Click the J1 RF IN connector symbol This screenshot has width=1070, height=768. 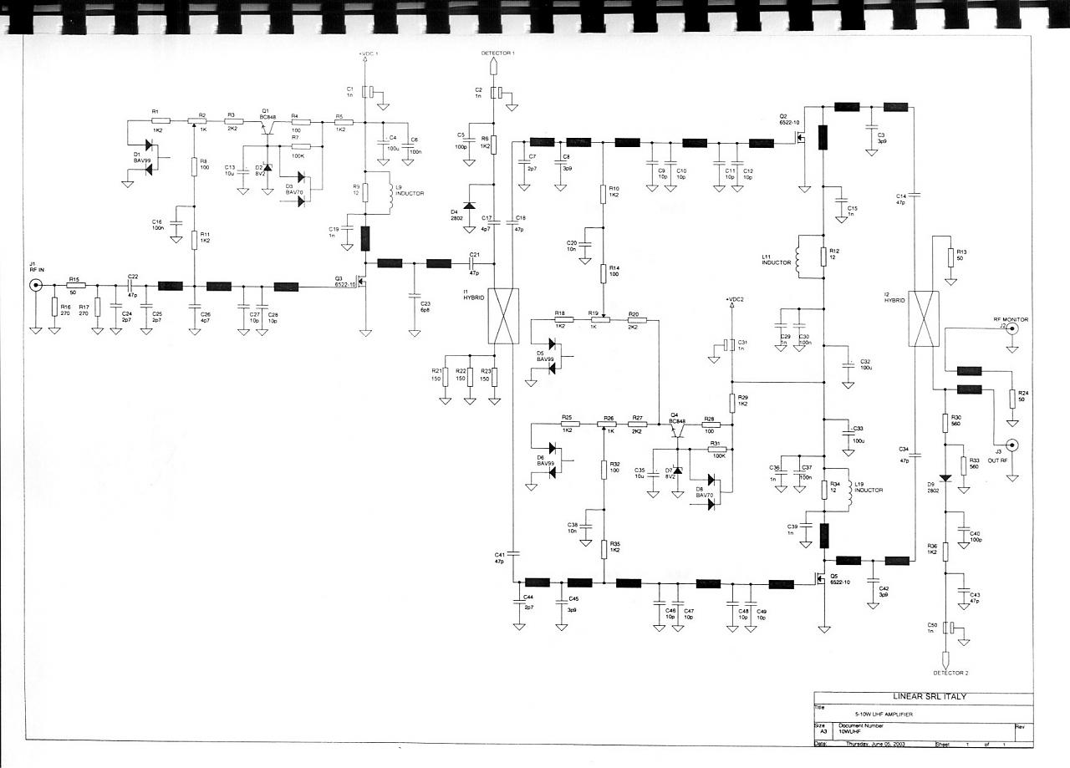tap(36, 286)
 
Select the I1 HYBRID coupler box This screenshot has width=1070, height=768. tap(502, 316)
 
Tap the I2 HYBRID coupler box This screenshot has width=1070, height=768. tap(924, 318)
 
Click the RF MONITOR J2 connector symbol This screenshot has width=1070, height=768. tap(1012, 328)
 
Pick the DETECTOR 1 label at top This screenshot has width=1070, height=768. tap(497, 53)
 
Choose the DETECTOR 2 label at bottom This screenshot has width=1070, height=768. tap(949, 672)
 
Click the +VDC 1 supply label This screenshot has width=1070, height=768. tap(369, 53)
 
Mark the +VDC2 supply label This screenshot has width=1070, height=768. tap(735, 298)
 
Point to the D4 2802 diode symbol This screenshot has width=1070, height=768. tap(468, 205)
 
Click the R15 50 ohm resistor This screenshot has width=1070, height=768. tap(74, 286)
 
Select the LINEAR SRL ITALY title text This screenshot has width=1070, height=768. tap(923, 696)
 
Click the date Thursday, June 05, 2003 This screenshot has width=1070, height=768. tap(876, 744)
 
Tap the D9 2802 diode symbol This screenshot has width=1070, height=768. tap(945, 479)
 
